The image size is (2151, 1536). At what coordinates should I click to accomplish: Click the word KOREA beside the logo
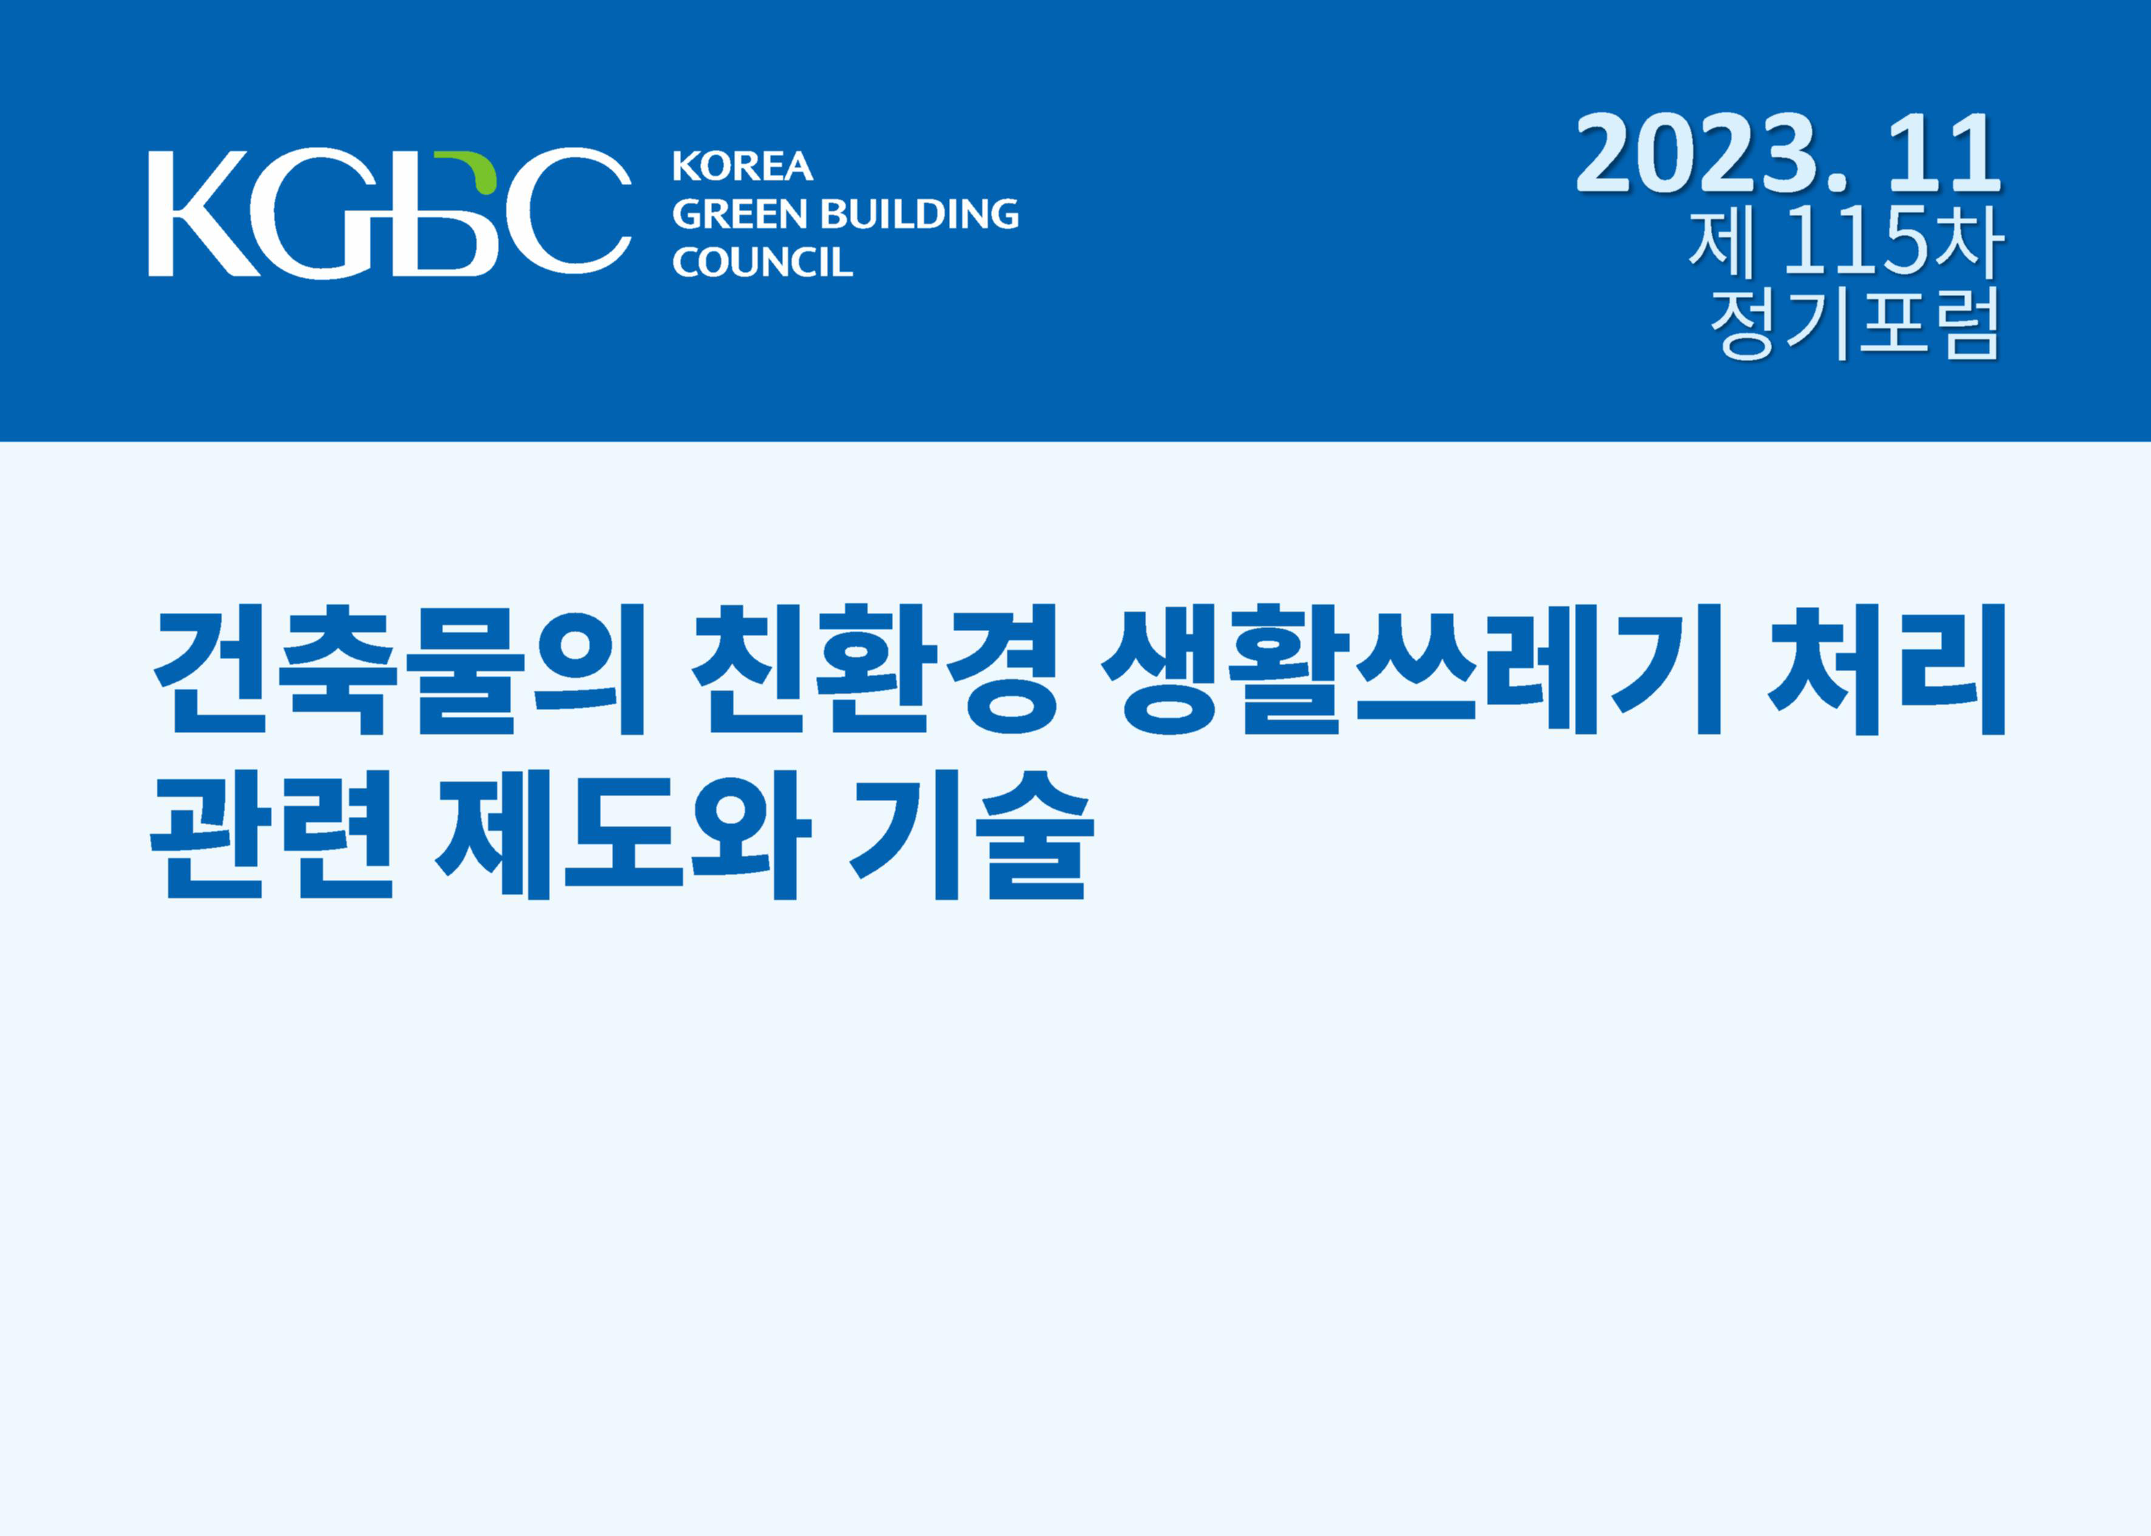(x=742, y=166)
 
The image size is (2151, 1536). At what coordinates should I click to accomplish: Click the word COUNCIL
(x=763, y=262)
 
